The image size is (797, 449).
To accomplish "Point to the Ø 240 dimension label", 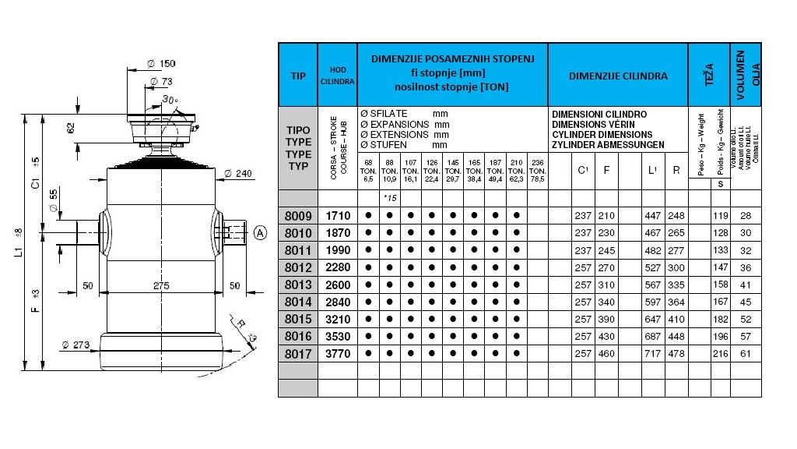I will tap(239, 173).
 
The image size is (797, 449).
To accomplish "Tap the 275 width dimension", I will tap(161, 287).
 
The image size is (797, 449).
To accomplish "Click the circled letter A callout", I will tap(260, 232).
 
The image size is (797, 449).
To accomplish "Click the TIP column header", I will tap(297, 76).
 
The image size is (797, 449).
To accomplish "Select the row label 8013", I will tap(297, 285).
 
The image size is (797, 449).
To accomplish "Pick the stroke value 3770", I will tap(337, 353).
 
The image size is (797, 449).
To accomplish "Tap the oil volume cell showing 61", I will tap(747, 353).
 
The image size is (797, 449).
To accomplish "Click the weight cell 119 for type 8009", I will tap(722, 216).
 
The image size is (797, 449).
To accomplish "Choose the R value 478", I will tap(676, 353).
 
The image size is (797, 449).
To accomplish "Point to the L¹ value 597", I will tap(653, 302).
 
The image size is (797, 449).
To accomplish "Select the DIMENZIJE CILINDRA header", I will tap(618, 76).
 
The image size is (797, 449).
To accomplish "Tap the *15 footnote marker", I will tap(391, 198).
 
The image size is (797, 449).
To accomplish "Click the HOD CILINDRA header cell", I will tap(337, 76).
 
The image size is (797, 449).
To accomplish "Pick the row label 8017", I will tap(297, 353).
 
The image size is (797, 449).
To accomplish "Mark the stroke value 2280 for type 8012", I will tap(337, 267).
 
